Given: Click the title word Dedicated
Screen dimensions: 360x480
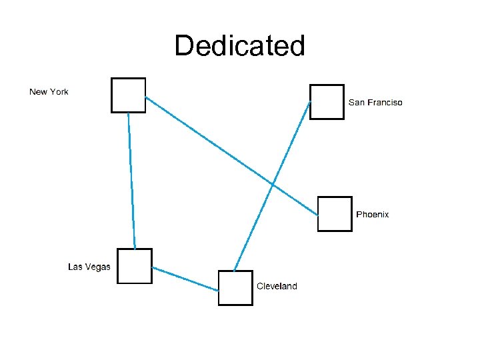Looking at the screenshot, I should [x=239, y=46].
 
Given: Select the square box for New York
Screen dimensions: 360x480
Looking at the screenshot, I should [x=128, y=95].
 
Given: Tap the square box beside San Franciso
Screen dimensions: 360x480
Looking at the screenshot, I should [x=327, y=101].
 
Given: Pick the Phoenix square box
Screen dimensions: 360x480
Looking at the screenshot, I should [x=335, y=214].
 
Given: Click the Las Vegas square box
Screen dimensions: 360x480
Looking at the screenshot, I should [x=135, y=266].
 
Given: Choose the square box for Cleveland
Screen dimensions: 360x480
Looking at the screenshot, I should [x=235, y=288].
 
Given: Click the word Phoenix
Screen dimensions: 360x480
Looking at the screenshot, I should [x=373, y=215].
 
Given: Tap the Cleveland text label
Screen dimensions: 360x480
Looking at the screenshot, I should [x=277, y=286].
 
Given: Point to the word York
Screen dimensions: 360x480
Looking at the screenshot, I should [x=58, y=92].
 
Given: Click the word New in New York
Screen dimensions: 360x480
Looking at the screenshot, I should [x=37, y=92].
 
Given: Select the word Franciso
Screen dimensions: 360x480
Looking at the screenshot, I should [x=385, y=103].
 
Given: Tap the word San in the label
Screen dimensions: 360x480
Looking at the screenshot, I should [x=357, y=103].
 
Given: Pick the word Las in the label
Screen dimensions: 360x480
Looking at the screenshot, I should [x=76, y=267].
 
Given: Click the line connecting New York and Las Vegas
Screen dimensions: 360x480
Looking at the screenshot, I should [x=131, y=180].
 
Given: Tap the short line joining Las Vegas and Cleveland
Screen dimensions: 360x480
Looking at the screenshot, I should [x=185, y=279].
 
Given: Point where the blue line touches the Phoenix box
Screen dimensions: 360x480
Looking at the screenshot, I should [x=317, y=215].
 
